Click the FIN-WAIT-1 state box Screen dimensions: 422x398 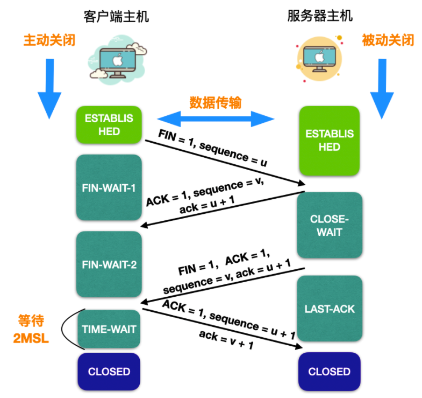(109, 187)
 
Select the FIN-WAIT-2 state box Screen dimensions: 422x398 (109, 264)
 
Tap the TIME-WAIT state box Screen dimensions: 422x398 (109, 329)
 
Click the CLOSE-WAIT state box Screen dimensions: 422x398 (330, 225)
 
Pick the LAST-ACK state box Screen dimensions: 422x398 (330, 309)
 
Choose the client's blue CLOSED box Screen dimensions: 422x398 (109, 372)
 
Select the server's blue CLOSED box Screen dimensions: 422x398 (330, 372)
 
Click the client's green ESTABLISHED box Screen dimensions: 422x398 (109, 124)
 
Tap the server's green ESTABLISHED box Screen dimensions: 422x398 (330, 141)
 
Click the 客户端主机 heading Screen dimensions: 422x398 (116, 17)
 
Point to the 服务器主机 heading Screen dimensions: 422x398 (320, 16)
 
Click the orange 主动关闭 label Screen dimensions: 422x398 (49, 40)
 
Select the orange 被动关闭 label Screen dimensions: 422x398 (388, 40)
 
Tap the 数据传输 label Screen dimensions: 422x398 (216, 102)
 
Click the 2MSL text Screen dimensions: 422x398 (31, 338)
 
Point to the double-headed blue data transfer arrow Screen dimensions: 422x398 (216, 118)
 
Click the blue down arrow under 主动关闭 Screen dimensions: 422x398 (49, 89)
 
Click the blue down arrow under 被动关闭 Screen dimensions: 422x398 (382, 89)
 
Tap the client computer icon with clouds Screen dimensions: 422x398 (118, 60)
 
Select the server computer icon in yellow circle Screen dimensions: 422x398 (319, 59)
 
